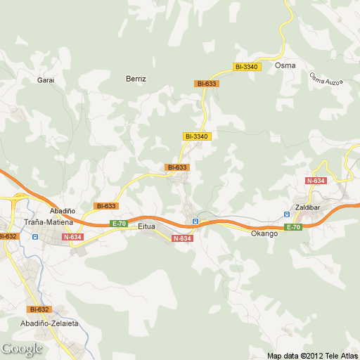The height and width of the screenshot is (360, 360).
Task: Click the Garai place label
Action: [x=46, y=80]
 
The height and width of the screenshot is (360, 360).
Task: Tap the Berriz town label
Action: [x=136, y=79]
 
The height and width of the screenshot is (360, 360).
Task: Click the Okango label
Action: [x=264, y=233]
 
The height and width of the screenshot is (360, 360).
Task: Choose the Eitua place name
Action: [x=146, y=226]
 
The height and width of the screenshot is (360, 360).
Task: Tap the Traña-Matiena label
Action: [x=44, y=221]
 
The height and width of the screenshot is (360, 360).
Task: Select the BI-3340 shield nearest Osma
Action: [x=247, y=67]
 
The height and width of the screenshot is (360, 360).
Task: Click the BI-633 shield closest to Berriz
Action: [x=207, y=84]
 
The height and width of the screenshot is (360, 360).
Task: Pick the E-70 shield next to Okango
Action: [x=293, y=227]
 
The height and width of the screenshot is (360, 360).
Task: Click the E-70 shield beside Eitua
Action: [x=119, y=224]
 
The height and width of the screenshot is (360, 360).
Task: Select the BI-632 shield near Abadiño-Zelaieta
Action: [x=39, y=309]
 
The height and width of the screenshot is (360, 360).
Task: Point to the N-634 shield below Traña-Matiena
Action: [x=72, y=238]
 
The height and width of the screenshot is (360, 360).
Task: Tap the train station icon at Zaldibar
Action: [x=287, y=214]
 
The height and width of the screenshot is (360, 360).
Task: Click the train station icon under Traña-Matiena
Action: [x=34, y=238]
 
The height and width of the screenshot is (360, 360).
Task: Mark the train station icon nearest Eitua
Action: [x=195, y=222]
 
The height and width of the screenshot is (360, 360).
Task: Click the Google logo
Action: [x=22, y=349]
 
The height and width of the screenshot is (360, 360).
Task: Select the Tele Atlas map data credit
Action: [x=313, y=355]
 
